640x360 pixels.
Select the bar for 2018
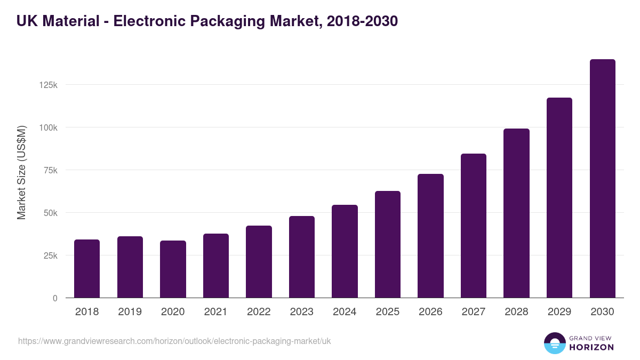coord(87,269)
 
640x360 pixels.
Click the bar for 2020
coord(173,269)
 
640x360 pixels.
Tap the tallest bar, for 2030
coord(602,179)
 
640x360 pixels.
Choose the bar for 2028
coord(516,213)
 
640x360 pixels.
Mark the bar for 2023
coord(302,257)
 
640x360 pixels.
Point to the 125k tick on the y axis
coord(48,85)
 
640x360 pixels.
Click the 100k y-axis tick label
coord(48,127)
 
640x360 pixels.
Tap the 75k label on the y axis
coord(50,170)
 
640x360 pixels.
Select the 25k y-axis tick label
coord(50,255)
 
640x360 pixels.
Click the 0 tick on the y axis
coord(55,298)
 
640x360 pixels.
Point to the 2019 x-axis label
coord(130,312)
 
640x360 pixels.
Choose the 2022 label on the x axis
coord(259,312)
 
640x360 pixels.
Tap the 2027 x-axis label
coord(473,312)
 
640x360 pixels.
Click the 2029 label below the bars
coord(559,312)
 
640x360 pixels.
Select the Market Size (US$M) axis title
coord(21,172)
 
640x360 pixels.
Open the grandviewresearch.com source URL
coord(174,341)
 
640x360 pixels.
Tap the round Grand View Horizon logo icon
coord(555,343)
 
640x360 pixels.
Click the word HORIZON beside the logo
coord(591,347)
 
